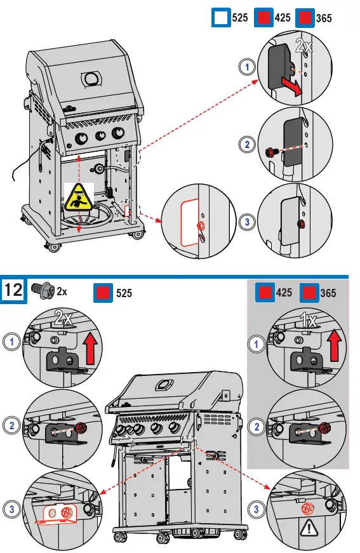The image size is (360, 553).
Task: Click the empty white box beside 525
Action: [220, 18]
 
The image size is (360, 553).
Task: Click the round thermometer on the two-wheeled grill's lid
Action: [91, 79]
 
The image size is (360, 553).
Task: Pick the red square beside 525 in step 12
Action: [103, 293]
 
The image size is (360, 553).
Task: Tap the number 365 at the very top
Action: [323, 18]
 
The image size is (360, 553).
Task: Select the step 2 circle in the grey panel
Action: [257, 427]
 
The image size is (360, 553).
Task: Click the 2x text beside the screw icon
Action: [62, 291]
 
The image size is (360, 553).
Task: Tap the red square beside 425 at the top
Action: [263, 18]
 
